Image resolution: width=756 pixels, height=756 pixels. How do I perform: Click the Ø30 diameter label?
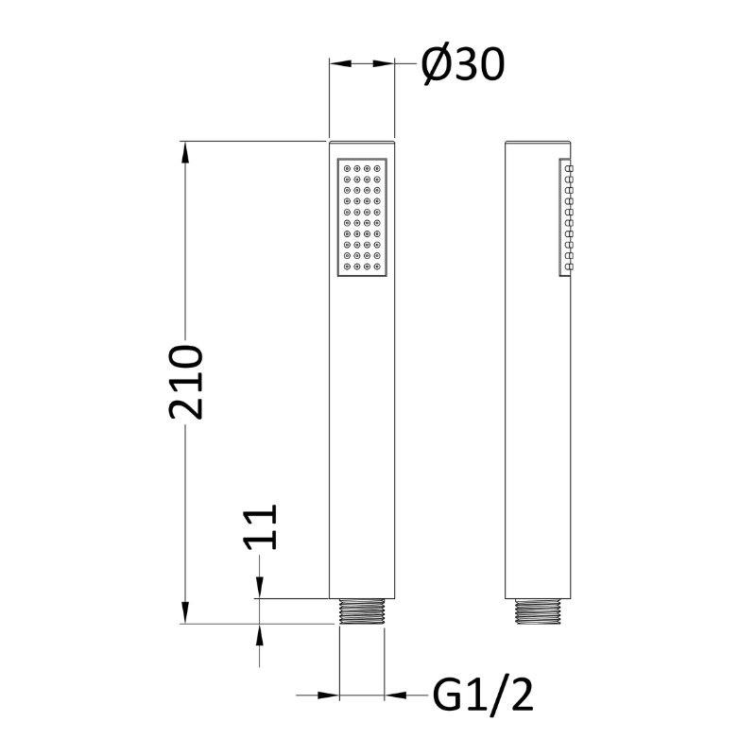click(x=463, y=64)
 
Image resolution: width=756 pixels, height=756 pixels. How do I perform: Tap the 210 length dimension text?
click(x=185, y=382)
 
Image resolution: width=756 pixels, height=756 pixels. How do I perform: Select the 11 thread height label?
click(x=261, y=527)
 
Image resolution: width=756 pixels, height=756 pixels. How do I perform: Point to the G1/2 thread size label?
click(x=483, y=695)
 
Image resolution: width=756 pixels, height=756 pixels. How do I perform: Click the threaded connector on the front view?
click(x=362, y=611)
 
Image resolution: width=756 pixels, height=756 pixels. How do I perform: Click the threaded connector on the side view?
click(x=538, y=611)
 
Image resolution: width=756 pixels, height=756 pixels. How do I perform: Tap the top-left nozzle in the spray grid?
click(x=347, y=168)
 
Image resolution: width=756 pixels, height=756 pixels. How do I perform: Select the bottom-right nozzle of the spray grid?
click(x=377, y=266)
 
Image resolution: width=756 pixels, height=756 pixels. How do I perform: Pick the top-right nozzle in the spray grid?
click(x=377, y=168)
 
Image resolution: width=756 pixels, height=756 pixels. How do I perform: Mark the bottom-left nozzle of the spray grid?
click(x=347, y=266)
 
